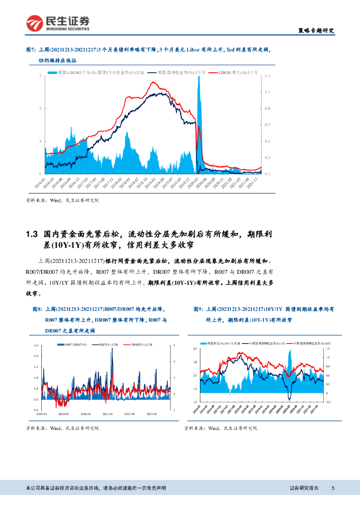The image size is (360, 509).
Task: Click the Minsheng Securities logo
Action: click(x=59, y=22)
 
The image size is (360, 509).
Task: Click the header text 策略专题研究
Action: click(x=311, y=31)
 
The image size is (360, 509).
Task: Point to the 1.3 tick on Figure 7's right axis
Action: click(x=268, y=76)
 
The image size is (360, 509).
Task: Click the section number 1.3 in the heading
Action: click(x=32, y=234)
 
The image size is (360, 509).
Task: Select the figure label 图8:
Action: click(x=32, y=309)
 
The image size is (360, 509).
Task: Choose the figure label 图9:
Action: click(x=199, y=309)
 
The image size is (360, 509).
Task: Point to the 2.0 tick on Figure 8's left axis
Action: click(x=36, y=345)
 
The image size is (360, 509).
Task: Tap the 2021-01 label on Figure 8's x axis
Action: click(x=107, y=413)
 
